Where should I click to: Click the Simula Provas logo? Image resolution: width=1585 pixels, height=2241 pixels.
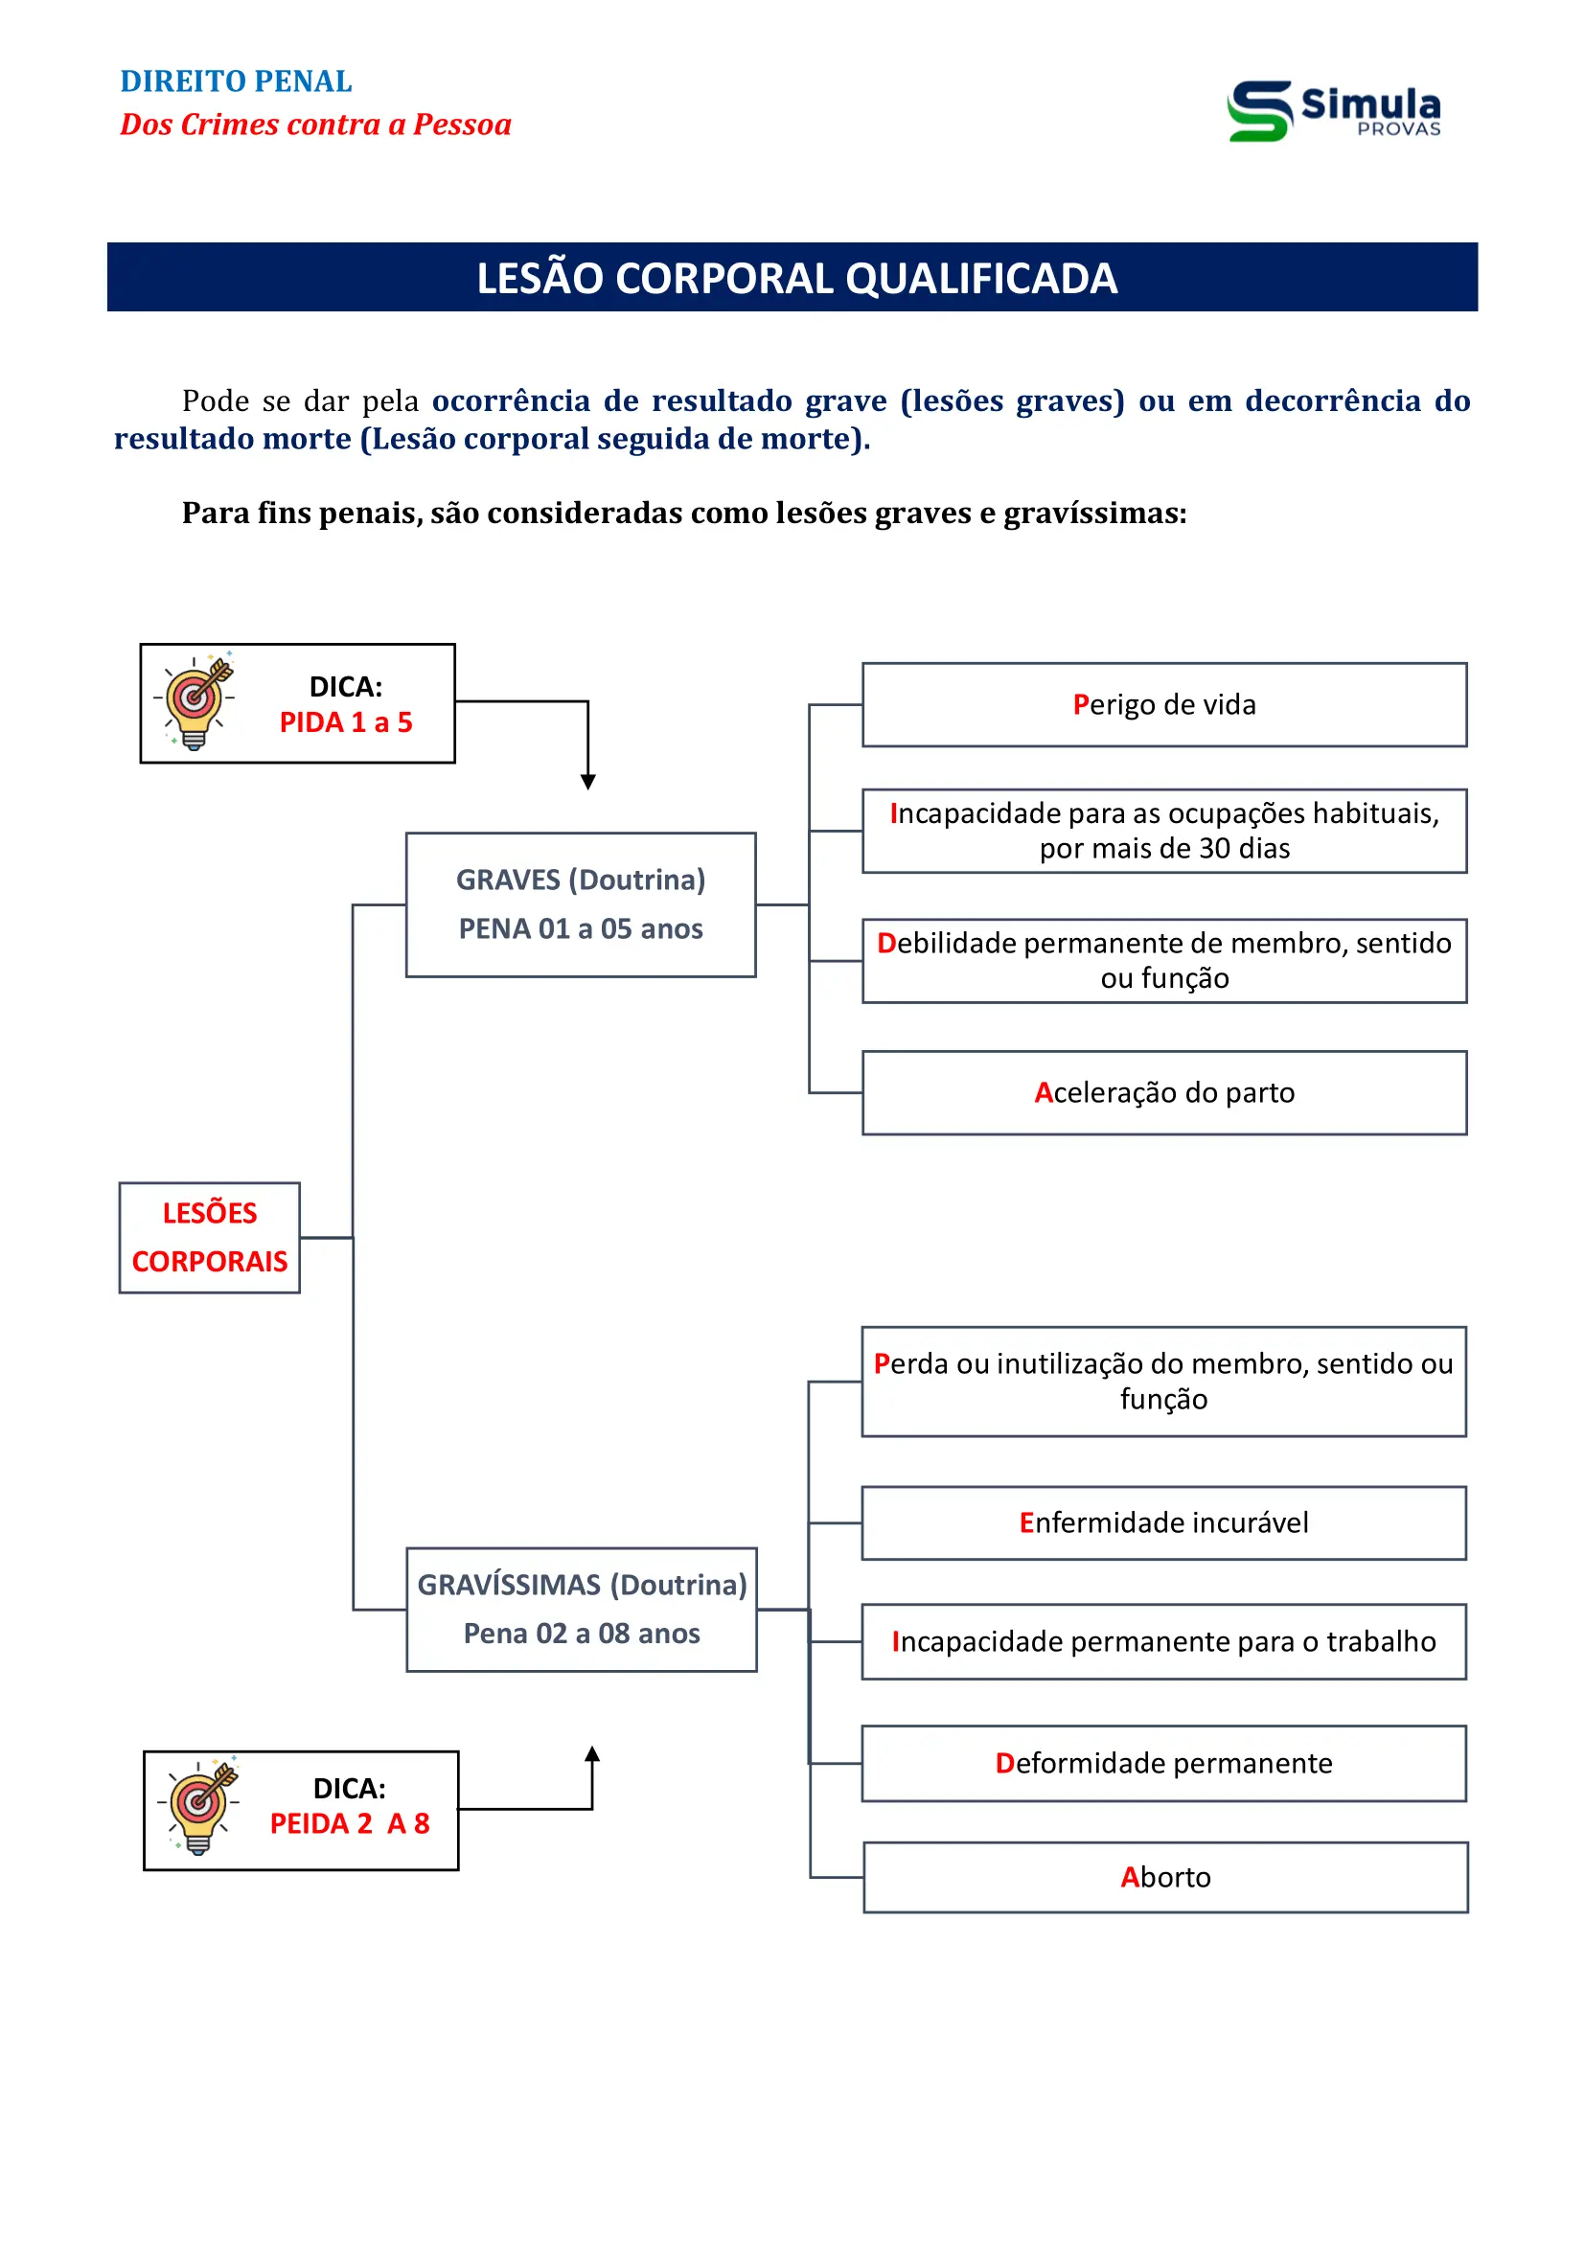(x=1333, y=110)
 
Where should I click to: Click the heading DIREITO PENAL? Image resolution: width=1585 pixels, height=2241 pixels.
(x=235, y=81)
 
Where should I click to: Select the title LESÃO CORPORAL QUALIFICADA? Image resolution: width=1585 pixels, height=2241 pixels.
(x=795, y=278)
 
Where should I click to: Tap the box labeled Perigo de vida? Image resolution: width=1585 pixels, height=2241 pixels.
(x=1163, y=705)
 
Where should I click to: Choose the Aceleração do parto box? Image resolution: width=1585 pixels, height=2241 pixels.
(x=1163, y=1092)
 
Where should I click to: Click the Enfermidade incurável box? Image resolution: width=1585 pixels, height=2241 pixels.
(x=1163, y=1522)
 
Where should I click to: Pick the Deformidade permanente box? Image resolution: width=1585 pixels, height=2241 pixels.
(x=1163, y=1763)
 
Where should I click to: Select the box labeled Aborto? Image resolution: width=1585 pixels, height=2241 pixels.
(x=1164, y=1877)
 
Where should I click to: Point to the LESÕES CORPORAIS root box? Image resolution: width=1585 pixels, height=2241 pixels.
(x=209, y=1238)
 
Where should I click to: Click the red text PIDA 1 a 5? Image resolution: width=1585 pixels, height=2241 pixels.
(x=346, y=722)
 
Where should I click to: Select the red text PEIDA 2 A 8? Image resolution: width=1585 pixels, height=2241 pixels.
(x=350, y=1823)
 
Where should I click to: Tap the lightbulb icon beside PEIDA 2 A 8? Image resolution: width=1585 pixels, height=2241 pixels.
(x=201, y=1805)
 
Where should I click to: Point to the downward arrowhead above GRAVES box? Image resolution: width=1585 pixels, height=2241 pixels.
(x=587, y=782)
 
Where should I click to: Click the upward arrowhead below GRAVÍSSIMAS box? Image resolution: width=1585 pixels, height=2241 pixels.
(x=591, y=1754)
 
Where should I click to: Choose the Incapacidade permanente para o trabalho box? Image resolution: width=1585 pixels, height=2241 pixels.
(x=1163, y=1642)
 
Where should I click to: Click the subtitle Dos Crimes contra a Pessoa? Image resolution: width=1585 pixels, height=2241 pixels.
(x=315, y=125)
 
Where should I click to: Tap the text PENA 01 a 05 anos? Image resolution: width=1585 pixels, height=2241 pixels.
(x=581, y=928)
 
